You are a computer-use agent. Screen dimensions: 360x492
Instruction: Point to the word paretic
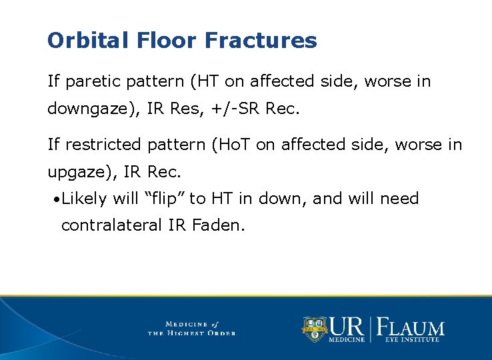tap(87, 82)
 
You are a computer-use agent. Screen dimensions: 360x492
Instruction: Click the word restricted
tap(99, 145)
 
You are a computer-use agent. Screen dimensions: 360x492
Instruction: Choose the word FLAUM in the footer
tap(411, 327)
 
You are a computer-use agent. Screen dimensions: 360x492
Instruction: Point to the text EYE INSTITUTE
tap(412, 340)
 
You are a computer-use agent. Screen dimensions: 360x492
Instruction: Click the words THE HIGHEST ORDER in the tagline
tap(191, 333)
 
